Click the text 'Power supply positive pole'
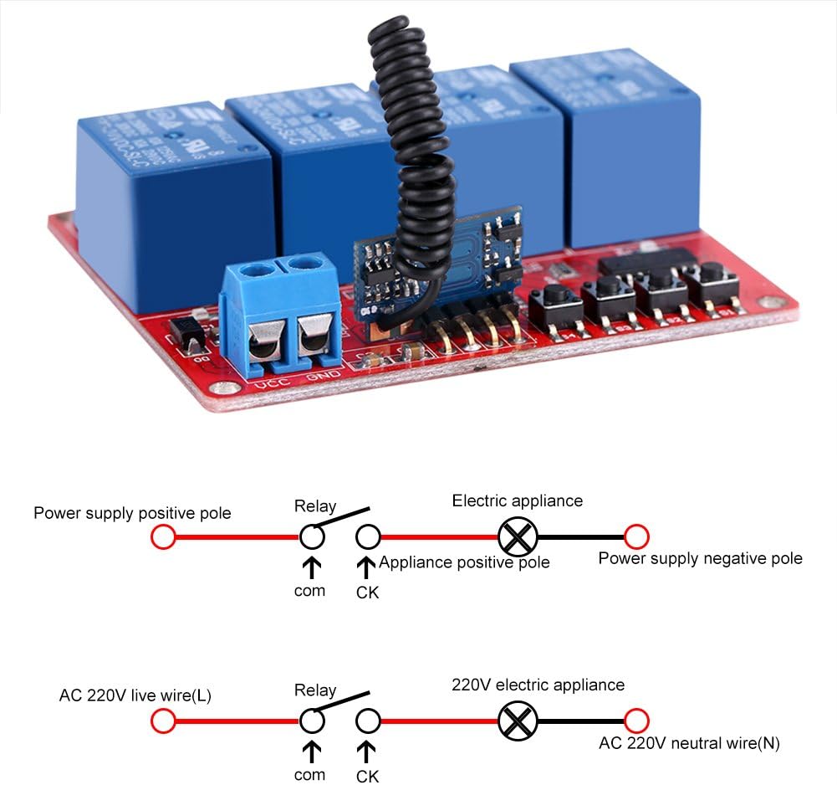point(132,513)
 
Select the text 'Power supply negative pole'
point(700,558)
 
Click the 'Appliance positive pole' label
point(464,562)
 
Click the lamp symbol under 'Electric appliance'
point(517,536)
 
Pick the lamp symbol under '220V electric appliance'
point(517,721)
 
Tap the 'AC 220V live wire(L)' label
point(135,695)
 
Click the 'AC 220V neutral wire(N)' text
point(689,742)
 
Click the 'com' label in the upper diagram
point(309,591)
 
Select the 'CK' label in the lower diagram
point(367,776)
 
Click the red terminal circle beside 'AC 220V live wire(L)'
point(163,721)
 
